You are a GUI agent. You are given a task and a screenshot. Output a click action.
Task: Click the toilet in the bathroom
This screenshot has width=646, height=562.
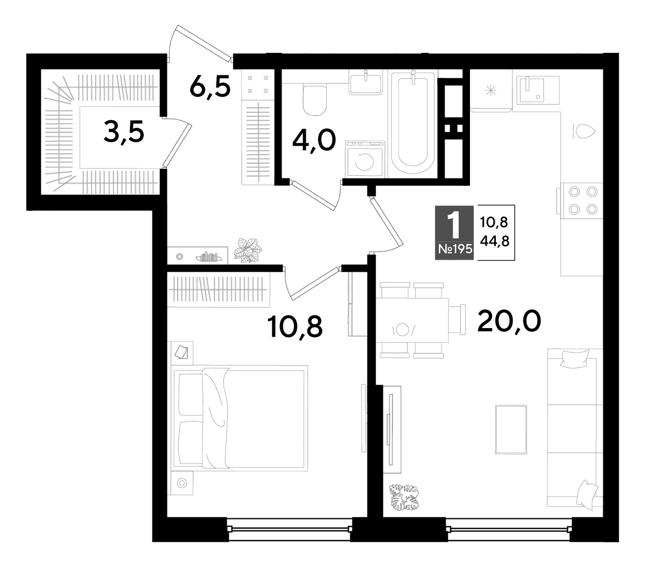314,100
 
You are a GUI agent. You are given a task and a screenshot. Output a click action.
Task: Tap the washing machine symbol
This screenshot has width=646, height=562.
365,159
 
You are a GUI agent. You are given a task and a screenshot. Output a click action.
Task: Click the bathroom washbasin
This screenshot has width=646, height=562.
366,81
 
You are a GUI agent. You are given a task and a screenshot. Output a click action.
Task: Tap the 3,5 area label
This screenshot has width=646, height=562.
124,131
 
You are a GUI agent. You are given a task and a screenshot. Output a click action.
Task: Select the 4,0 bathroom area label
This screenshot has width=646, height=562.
314,141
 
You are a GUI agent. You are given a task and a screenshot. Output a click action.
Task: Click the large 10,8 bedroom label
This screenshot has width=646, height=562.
294,327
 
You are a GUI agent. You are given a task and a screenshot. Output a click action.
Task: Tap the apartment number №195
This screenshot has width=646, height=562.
455,249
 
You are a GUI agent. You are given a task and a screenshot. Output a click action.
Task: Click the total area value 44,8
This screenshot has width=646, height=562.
494,242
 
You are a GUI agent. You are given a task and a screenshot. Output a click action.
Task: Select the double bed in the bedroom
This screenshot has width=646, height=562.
239,418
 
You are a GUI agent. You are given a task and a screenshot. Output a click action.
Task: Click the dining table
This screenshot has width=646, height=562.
413,320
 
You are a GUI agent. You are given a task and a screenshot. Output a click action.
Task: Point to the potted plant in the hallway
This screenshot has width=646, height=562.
248,250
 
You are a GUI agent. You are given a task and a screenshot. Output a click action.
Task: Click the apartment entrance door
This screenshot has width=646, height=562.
200,43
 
